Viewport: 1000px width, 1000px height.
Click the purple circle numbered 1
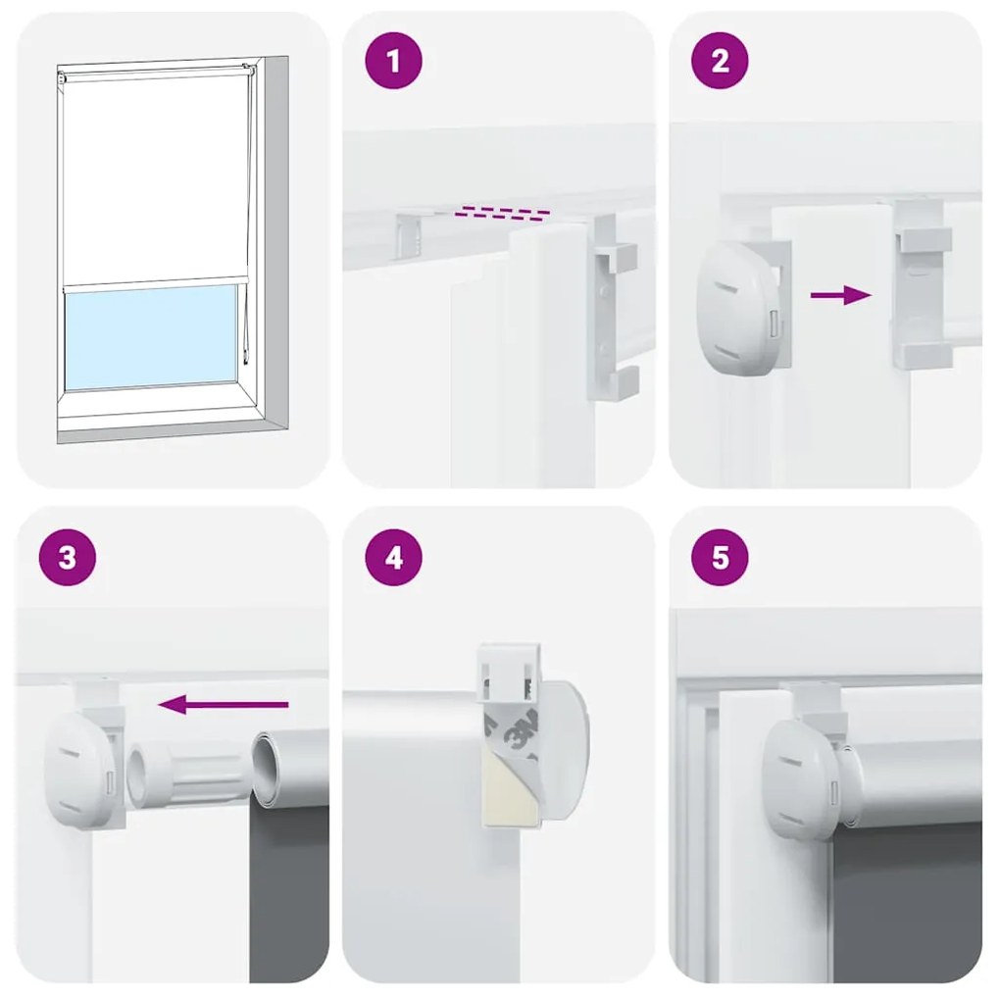point(394,62)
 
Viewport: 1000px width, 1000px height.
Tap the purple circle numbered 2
point(721,62)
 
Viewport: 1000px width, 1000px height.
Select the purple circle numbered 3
point(67,558)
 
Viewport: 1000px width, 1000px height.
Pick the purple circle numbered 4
point(394,558)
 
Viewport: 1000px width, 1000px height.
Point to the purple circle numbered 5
point(721,558)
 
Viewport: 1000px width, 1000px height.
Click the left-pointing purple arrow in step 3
point(224,704)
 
